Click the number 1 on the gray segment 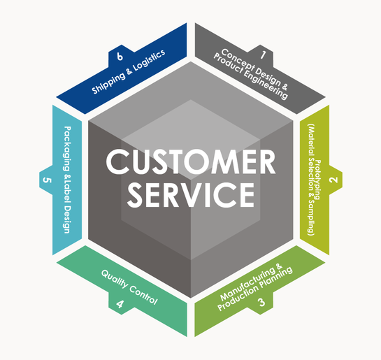click(263, 54)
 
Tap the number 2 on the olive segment click(334, 180)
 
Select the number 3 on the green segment click(261, 303)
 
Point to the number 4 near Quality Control click(120, 304)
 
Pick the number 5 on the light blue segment click(47, 180)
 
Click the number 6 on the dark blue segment click(120, 57)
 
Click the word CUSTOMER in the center click(191, 161)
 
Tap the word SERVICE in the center click(191, 195)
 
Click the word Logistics click(150, 61)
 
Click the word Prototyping click(318, 180)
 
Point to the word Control click(143, 294)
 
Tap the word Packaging click(67, 148)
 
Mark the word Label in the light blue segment click(67, 192)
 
